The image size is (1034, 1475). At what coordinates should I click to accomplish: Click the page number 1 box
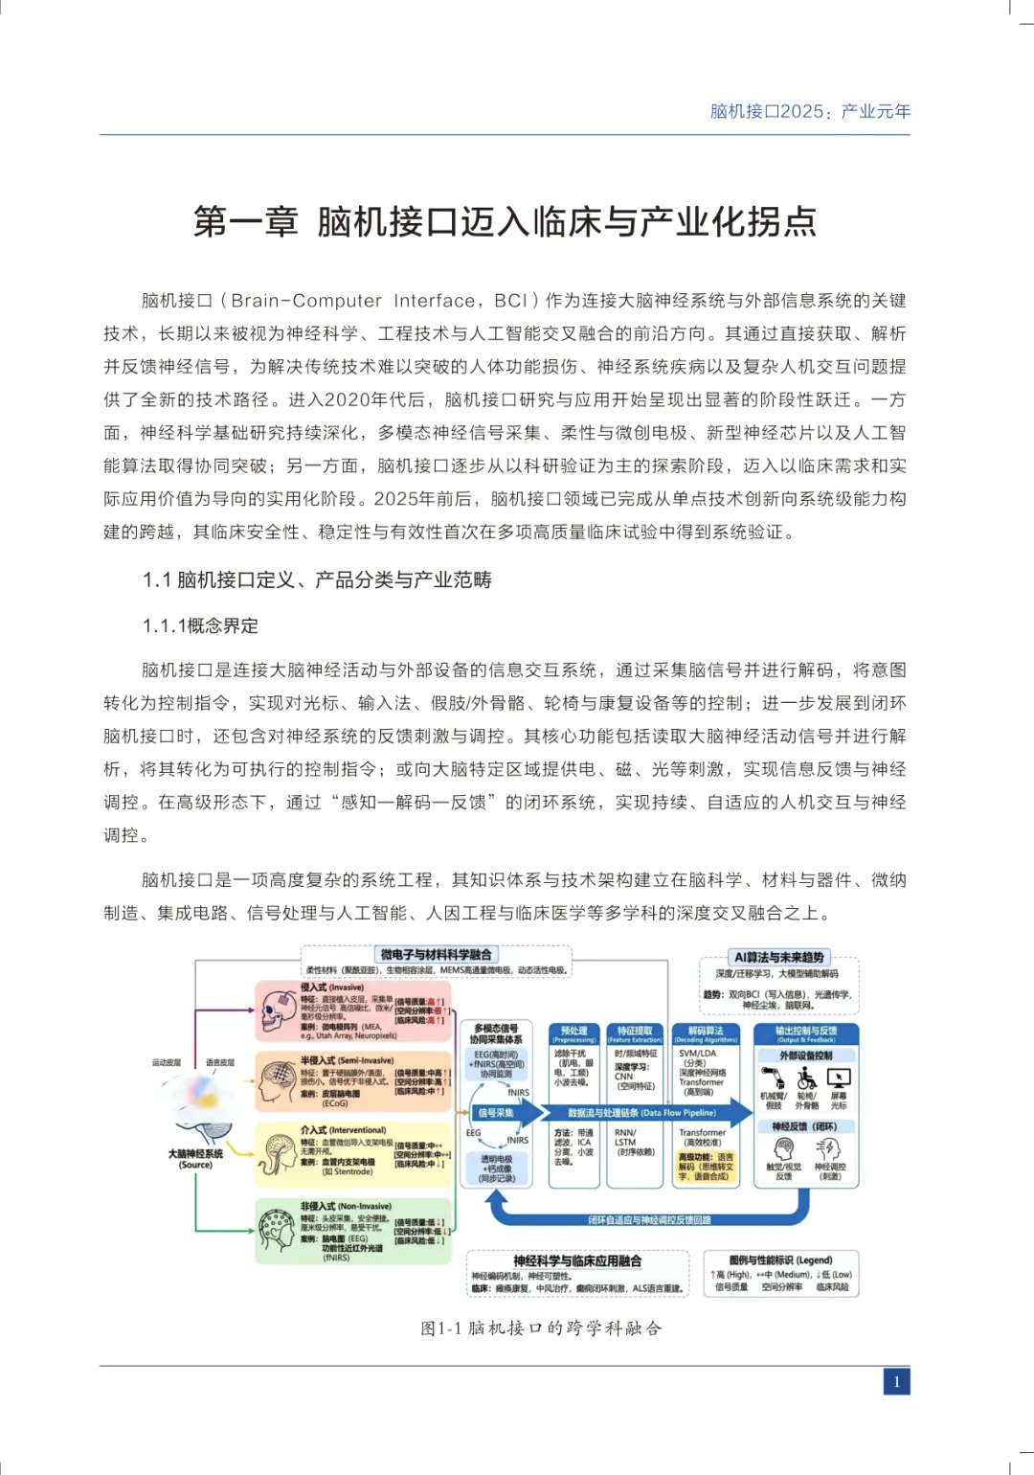(x=896, y=1381)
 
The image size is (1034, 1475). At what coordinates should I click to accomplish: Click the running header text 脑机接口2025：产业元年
(x=810, y=111)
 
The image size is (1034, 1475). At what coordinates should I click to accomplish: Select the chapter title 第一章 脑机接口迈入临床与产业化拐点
(x=505, y=221)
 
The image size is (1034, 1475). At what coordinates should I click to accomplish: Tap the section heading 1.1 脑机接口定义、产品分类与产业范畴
(x=317, y=579)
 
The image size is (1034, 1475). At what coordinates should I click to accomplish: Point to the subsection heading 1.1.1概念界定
(x=200, y=625)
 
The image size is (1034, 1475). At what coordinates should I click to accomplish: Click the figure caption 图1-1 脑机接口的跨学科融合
(x=541, y=1327)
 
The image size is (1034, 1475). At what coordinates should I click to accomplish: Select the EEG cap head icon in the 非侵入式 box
(x=277, y=1229)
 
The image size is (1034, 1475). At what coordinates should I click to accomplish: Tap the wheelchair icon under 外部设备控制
(x=807, y=1078)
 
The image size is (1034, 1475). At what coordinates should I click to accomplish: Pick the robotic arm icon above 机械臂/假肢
(x=774, y=1078)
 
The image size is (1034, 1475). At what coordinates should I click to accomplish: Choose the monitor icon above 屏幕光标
(x=839, y=1078)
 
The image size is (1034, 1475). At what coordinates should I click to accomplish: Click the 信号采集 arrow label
(x=496, y=1112)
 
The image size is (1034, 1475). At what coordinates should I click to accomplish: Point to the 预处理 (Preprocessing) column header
(x=573, y=1034)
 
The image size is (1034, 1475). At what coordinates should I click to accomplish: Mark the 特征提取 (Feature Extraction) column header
(x=634, y=1034)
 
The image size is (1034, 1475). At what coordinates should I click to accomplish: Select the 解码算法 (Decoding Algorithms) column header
(x=706, y=1034)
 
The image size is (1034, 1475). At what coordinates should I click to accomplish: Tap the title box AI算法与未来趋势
(x=778, y=957)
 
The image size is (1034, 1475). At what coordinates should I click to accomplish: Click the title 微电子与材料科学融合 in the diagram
(x=436, y=954)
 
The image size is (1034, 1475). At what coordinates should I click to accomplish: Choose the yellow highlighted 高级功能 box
(x=706, y=1167)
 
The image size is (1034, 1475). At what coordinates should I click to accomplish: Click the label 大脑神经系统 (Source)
(x=195, y=1159)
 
